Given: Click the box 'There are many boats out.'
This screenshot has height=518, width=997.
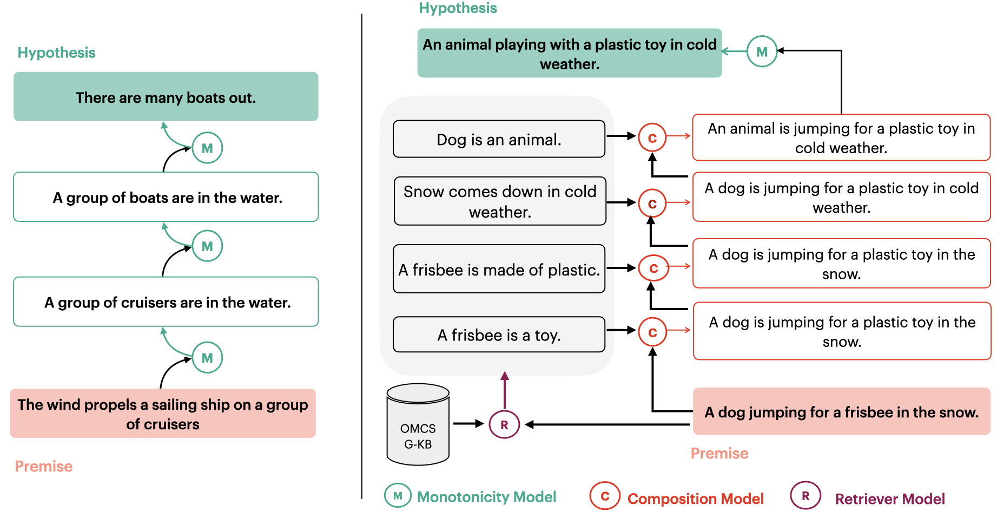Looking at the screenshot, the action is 166,96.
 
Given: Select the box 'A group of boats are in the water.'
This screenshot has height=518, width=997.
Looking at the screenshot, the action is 166,197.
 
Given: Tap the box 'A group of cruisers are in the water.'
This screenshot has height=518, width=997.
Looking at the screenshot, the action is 166,301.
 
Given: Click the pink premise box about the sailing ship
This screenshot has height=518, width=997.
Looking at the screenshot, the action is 163,413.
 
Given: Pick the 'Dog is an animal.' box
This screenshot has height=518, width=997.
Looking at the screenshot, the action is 499,139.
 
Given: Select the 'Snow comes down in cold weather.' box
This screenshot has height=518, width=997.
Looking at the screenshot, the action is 500,201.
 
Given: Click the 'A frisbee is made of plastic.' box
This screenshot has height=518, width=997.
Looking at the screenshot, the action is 499,268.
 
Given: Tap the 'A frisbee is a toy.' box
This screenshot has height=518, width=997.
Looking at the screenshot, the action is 499,335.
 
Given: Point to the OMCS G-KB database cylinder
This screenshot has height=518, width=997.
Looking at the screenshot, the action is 418,424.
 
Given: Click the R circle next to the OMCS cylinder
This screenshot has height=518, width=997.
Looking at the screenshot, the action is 504,424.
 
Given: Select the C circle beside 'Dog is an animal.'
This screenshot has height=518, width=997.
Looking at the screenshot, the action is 652,137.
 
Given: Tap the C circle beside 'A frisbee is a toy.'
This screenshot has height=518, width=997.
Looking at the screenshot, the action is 652,332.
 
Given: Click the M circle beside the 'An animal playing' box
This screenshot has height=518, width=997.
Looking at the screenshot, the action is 762,51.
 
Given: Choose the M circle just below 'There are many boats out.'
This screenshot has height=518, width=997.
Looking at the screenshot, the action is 207,148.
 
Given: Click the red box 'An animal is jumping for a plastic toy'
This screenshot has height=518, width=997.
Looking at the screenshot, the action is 841,137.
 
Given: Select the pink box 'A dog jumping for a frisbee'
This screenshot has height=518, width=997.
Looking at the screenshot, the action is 841,411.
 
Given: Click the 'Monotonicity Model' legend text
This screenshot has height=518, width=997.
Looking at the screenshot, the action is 486,496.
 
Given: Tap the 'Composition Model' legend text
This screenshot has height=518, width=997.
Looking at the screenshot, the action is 695,499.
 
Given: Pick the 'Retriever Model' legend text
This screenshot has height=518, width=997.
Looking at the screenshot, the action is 890,499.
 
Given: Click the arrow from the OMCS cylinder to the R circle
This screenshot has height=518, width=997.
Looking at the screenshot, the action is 468,424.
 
